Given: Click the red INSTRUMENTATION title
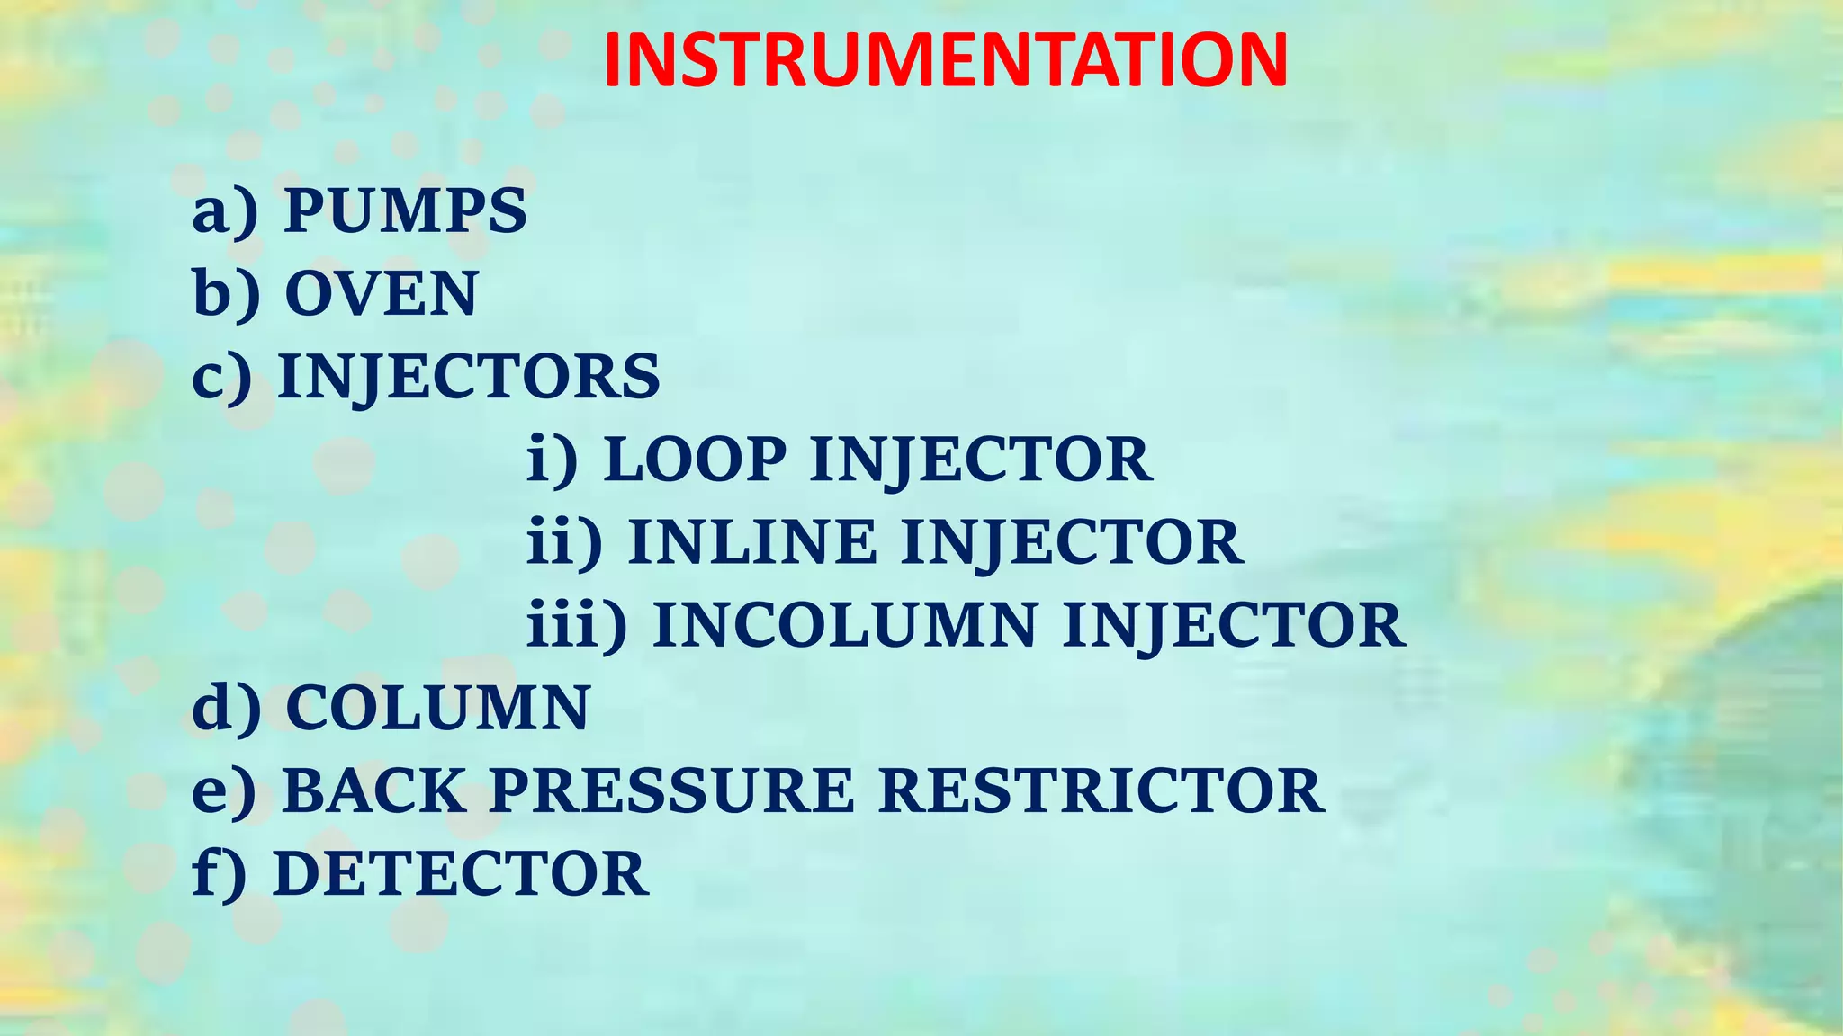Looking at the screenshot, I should [945, 61].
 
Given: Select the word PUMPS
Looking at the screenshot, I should [405, 211].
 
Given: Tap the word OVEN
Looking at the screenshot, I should [381, 294].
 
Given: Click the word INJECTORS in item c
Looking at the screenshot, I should [469, 377].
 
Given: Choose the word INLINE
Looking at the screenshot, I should [751, 542].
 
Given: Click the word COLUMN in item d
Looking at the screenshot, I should [437, 708].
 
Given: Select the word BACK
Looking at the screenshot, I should [373, 791].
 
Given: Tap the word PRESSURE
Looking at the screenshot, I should [671, 791].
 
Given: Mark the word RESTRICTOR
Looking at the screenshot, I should [1101, 791].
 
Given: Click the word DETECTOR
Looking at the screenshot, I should [460, 874].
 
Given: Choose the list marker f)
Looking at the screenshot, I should [219, 874].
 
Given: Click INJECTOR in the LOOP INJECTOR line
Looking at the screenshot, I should [981, 460].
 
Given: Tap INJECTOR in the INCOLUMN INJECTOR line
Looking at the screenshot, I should [1234, 625].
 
